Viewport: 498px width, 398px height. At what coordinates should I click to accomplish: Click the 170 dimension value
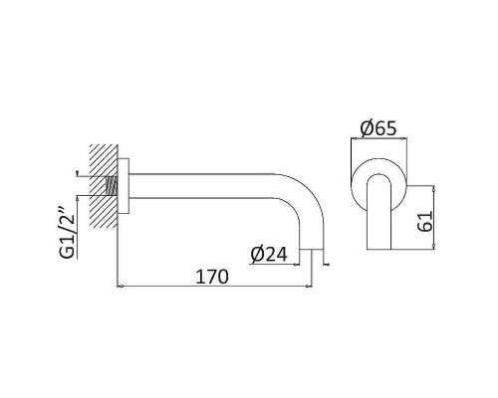(x=212, y=277)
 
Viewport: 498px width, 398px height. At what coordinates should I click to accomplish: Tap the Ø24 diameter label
(x=269, y=255)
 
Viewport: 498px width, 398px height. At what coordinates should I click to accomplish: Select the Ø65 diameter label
(x=378, y=128)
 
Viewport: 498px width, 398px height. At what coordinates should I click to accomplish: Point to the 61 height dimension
(x=424, y=221)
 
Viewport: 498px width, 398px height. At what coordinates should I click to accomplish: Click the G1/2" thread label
(x=68, y=233)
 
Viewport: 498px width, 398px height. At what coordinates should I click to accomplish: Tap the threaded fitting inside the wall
(x=112, y=186)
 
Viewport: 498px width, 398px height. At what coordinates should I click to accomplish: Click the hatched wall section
(x=104, y=186)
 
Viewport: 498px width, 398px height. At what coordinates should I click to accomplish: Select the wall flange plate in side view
(x=124, y=186)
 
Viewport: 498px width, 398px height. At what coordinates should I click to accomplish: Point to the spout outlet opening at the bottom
(x=312, y=250)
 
